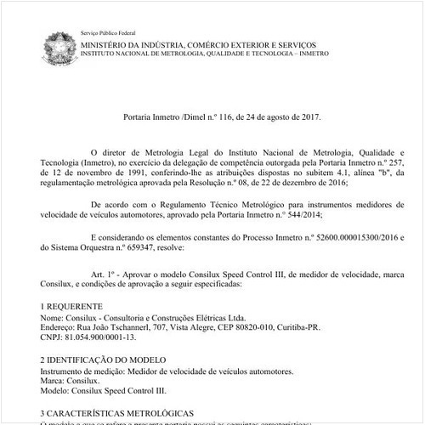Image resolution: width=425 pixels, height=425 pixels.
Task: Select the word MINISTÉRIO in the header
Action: coord(109,42)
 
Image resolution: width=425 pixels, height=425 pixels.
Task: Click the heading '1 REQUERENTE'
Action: coord(73,303)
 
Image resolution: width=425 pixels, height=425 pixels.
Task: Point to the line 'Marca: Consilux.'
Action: coord(70,382)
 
